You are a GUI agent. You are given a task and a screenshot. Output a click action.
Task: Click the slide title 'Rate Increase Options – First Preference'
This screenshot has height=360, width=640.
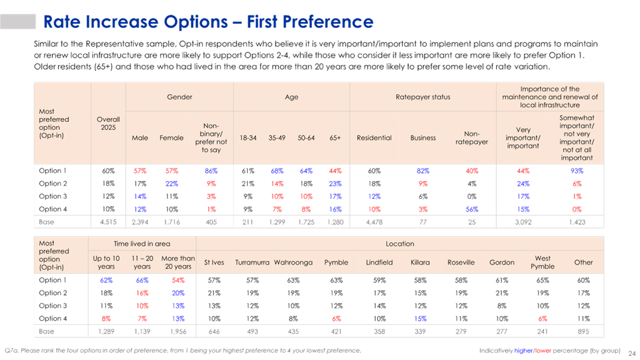tap(208, 21)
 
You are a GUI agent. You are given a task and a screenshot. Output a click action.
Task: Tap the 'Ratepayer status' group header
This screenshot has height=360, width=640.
tap(423, 97)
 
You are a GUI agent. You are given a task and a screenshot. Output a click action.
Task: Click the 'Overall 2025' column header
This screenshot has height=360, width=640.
tap(108, 124)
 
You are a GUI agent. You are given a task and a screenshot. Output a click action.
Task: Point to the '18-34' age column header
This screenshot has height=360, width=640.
tap(248, 138)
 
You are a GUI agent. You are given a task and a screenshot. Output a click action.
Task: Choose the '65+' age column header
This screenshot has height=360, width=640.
tap(335, 138)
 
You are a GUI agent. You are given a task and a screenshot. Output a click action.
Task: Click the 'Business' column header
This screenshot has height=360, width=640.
tap(423, 138)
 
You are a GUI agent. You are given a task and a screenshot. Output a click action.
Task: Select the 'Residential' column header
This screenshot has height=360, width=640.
tap(374, 138)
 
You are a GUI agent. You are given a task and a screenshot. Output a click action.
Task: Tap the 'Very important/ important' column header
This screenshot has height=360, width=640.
tap(523, 138)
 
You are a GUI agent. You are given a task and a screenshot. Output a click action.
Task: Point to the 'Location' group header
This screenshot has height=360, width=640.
tap(400, 244)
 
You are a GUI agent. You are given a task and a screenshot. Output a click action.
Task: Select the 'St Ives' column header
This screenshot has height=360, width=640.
tap(214, 263)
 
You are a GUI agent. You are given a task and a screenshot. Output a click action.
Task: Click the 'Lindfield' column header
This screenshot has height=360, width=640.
tap(380, 263)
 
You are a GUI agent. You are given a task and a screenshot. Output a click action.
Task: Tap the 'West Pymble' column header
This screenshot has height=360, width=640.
tap(543, 263)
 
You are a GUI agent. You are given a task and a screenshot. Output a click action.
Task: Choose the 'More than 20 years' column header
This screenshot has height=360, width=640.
tap(178, 263)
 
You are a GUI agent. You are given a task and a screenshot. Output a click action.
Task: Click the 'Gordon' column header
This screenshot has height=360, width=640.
tap(502, 263)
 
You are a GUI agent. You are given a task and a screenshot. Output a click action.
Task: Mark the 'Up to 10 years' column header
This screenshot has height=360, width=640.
tap(106, 263)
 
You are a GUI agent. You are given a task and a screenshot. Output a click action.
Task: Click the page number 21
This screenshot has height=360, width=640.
tap(631, 350)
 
